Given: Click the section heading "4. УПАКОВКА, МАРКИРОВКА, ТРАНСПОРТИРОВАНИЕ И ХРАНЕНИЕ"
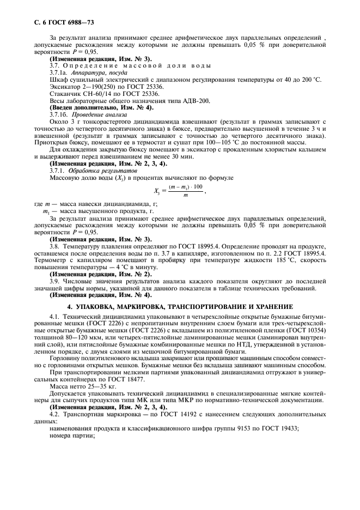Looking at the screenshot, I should tap(179, 307).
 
